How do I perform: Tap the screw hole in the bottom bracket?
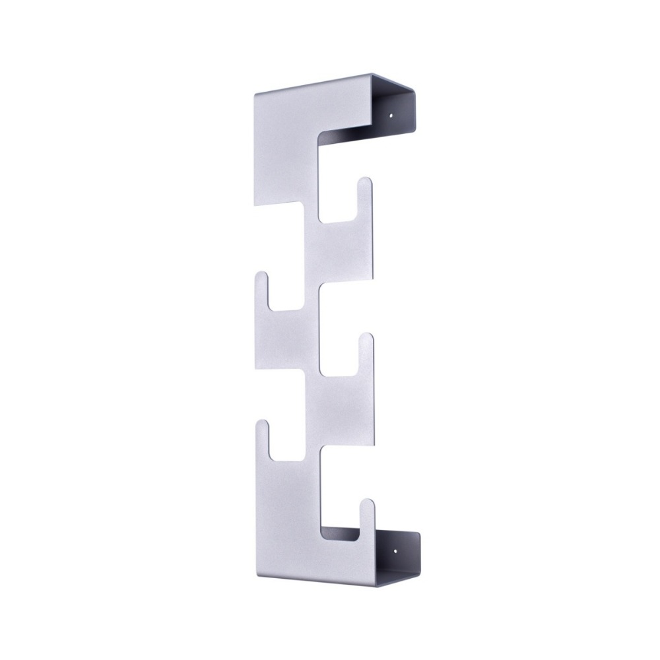(395, 548)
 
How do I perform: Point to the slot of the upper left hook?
(284, 294)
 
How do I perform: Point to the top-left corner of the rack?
(255, 95)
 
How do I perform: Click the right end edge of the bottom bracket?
(418, 550)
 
